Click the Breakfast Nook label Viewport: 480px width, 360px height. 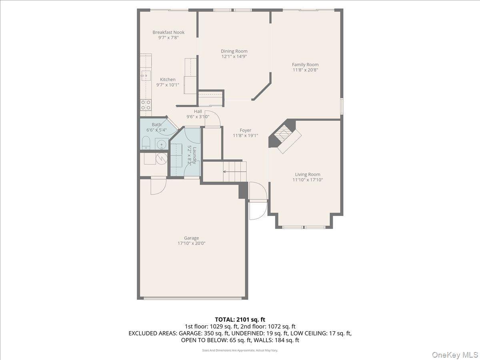pos(168,32)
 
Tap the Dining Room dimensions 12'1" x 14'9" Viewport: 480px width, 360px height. pos(234,57)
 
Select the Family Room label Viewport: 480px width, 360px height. pos(305,65)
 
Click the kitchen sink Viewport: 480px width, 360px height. pos(146,76)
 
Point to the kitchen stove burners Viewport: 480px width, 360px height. pos(146,105)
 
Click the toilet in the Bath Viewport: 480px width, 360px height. pos(146,143)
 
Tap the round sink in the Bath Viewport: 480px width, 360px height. pos(162,144)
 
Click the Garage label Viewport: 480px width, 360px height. pos(191,238)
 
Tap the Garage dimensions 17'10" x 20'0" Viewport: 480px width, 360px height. pos(191,243)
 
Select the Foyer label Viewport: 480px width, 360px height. pos(245,130)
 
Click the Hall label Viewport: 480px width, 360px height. pos(198,112)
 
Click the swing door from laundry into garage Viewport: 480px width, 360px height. pos(158,186)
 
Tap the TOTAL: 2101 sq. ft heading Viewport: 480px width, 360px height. pos(240,320)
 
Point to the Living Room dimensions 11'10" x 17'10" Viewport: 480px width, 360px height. pos(308,180)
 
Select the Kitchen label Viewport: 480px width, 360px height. pos(168,80)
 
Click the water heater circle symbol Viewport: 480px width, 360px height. pos(161,158)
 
